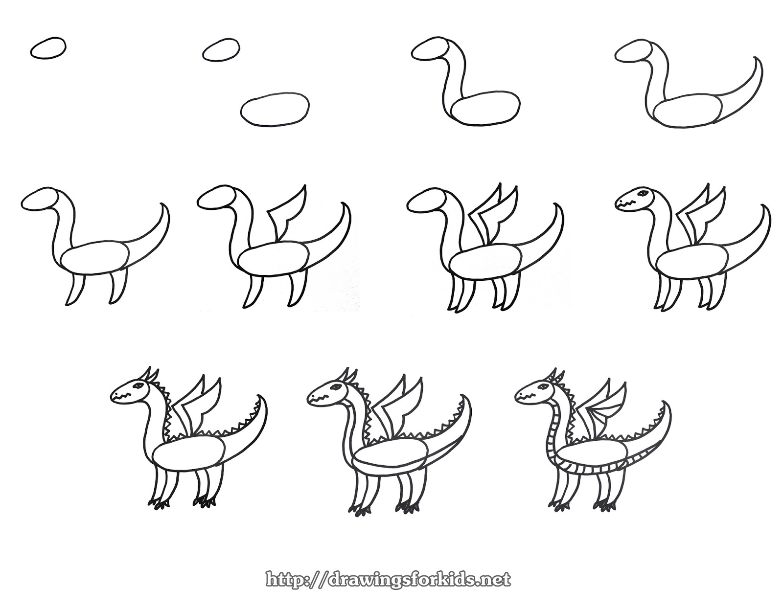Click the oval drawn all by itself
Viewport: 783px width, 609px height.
[x=48, y=48]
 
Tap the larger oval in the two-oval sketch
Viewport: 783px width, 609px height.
[x=275, y=108]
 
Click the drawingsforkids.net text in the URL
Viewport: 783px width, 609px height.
[x=418, y=580]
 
